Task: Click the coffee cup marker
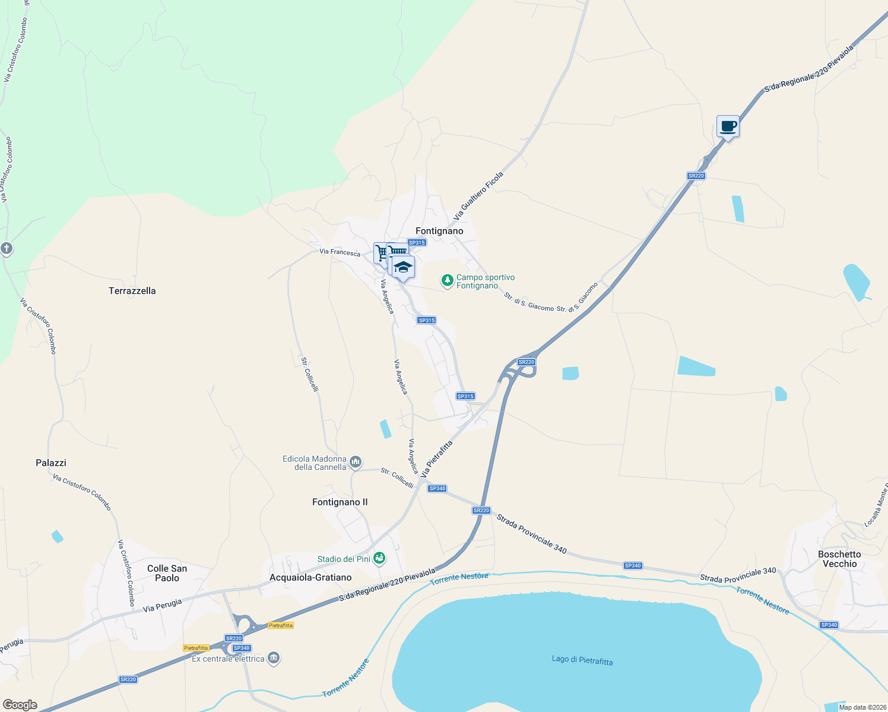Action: point(728,126)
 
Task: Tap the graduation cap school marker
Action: point(403,268)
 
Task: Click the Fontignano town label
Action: point(439,231)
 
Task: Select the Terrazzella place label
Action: point(132,291)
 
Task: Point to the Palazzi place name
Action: point(51,463)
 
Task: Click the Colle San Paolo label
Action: point(167,573)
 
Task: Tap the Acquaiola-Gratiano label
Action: point(310,577)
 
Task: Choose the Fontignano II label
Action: point(340,502)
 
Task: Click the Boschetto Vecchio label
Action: point(839,559)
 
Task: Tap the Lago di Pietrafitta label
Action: point(582,660)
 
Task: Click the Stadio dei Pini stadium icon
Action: point(380,558)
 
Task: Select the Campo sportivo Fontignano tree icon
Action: point(448,280)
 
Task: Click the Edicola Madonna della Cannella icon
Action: point(356,462)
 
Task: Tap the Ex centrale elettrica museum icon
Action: point(274,658)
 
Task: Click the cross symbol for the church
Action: point(7,249)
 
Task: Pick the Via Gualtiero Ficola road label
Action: point(478,195)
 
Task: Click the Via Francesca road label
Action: point(340,252)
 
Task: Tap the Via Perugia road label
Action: point(162,605)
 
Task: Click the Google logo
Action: point(20,705)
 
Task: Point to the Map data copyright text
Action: point(861,707)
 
